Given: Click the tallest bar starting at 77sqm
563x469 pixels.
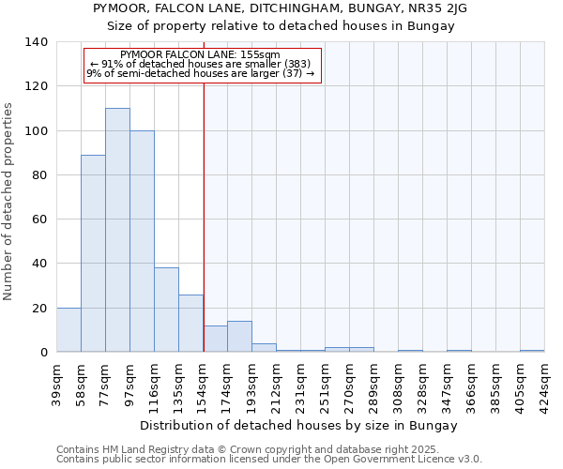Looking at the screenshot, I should (x=117, y=230).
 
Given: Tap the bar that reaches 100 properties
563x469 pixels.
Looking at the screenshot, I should (x=142, y=241).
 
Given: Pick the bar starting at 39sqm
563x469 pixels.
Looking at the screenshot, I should (x=68, y=330).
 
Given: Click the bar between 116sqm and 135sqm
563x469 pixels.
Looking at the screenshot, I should (x=166, y=310).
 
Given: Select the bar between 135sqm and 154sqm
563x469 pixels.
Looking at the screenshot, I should (x=190, y=324).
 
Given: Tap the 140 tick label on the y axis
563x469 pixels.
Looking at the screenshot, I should (x=37, y=42).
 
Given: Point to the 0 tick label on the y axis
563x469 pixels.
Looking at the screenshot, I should (x=44, y=353).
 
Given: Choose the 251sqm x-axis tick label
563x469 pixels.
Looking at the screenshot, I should (x=326, y=384).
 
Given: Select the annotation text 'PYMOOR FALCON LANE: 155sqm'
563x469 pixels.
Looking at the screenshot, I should (x=201, y=55).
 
